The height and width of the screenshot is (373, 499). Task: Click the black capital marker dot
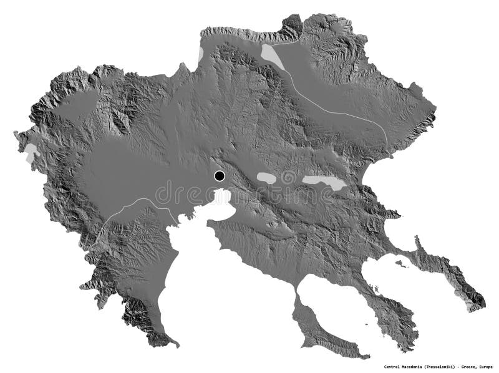coord(219,176)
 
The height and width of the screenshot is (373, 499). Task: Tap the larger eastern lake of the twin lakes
coord(323,183)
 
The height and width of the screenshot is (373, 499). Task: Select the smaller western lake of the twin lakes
coord(268,178)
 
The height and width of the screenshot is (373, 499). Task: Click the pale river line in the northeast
coord(337,112)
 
